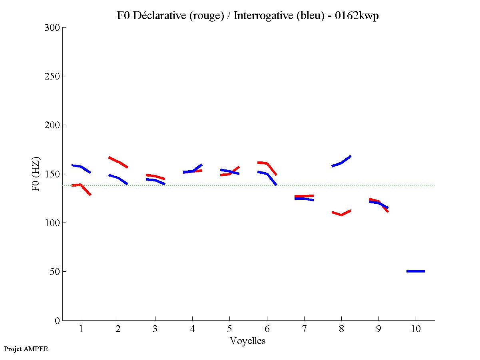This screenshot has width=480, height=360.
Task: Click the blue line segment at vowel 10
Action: [416, 271]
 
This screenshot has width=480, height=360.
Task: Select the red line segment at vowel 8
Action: [341, 214]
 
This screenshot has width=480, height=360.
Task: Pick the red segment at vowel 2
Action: [118, 162]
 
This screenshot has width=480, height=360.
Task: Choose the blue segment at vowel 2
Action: [118, 178]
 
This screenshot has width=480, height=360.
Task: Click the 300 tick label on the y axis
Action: [52, 28]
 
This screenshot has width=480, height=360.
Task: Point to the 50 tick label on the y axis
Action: [55, 272]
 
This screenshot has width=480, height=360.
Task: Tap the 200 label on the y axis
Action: [52, 125]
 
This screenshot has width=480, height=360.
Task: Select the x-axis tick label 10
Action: [416, 329]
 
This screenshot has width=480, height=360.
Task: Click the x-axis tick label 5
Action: [229, 329]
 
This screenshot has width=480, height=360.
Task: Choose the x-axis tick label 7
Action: [304, 329]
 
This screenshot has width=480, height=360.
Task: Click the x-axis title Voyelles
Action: [248, 341]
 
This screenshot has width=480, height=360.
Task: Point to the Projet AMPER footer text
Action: [26, 349]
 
